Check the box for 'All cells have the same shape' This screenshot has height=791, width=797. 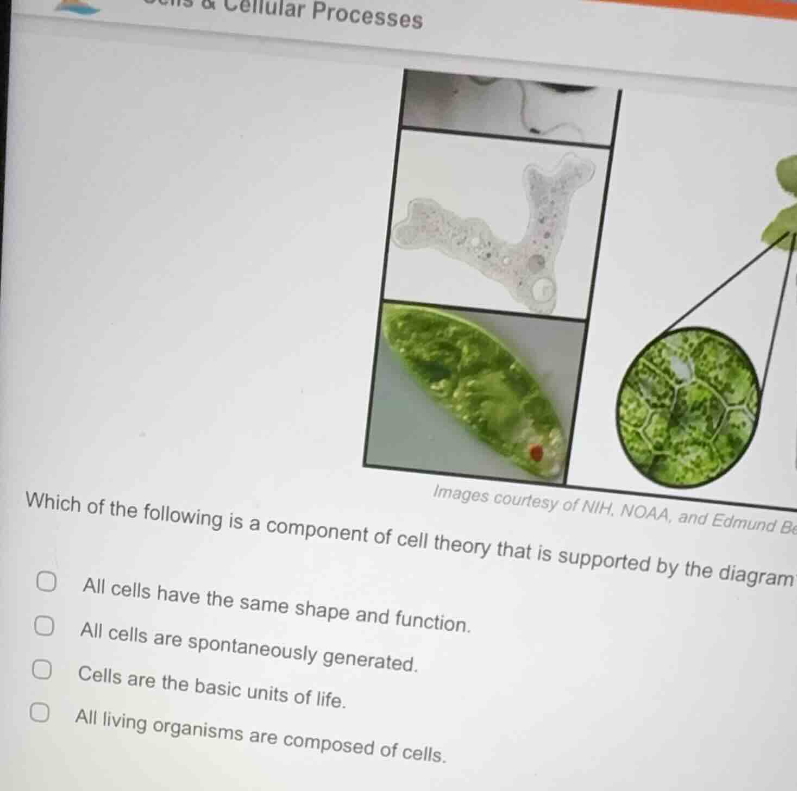coord(46,582)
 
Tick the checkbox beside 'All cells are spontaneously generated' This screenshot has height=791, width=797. coord(44,626)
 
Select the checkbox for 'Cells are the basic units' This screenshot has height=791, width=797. coord(41,669)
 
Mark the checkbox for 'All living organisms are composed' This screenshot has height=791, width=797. coord(39,712)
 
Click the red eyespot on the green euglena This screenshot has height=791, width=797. coord(536,452)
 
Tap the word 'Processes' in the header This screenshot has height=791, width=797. coord(368,16)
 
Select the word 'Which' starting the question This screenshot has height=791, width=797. coord(53,504)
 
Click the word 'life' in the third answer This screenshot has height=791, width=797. coord(330,699)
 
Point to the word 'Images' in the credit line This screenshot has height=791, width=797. coord(461,495)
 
